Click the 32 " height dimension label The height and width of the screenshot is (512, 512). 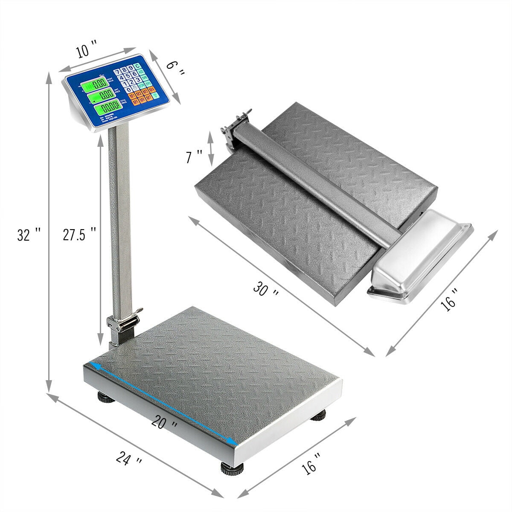pos(29,235)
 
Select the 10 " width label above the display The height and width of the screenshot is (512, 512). pos(87,50)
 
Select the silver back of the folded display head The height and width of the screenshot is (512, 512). pos(420,256)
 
